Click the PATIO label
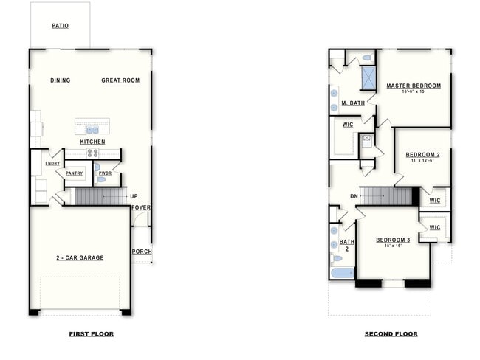[x=60, y=26]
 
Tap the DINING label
[x=61, y=80]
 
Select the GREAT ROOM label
[x=120, y=80]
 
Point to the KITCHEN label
[x=93, y=142]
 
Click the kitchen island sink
[x=92, y=130]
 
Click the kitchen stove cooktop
[x=93, y=153]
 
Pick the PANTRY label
[x=74, y=173]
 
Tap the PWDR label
[x=105, y=173]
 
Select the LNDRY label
[x=52, y=163]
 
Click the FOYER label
[x=141, y=207]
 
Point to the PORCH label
[x=142, y=251]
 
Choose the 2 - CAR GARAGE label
[x=80, y=257]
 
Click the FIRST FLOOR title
[x=91, y=334]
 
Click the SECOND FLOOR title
[x=391, y=334]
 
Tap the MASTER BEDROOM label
[x=414, y=86]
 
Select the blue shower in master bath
[x=368, y=77]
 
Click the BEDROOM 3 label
[x=392, y=240]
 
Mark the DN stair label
[x=354, y=196]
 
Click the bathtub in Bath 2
[x=342, y=273]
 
